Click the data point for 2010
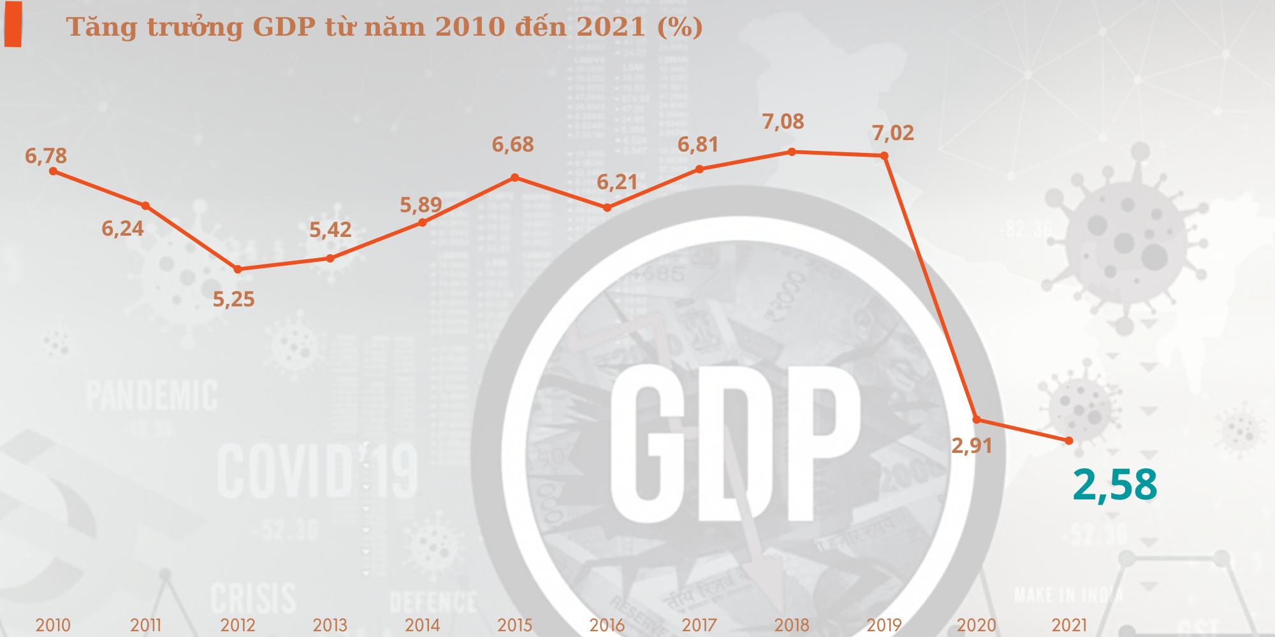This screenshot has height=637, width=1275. coord(53,171)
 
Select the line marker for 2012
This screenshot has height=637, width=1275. coord(238,269)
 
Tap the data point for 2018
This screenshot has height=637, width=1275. coord(792,152)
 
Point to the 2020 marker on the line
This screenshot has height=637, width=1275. coord(977,419)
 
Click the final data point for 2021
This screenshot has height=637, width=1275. coord(1069,441)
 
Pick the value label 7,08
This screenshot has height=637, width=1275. coord(783,121)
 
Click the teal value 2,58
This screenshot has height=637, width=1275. coord(1115,485)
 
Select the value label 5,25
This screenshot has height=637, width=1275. coord(233,299)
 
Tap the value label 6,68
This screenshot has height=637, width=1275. coord(513,145)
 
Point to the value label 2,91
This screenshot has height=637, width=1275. coord(972,446)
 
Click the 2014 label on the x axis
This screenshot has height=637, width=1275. coord(422,625)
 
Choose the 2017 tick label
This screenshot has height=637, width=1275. coord(699,625)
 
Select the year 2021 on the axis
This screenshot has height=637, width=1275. coord(1069,625)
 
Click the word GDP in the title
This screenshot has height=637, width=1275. coord(284,27)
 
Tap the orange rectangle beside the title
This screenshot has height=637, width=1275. coord(13,24)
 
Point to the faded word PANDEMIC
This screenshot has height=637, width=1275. coord(152,396)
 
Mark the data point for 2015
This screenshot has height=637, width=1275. coord(515,177)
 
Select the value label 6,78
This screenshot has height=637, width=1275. coord(46,155)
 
